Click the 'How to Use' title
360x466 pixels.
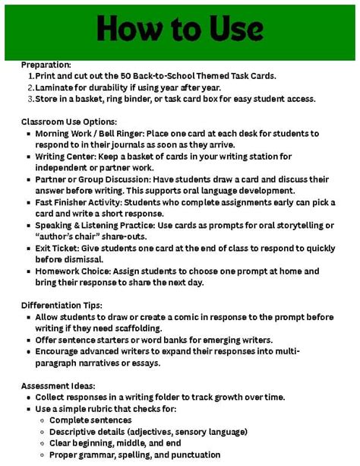click(x=180, y=30)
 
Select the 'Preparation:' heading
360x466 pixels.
click(x=46, y=65)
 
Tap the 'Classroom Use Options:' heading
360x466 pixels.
click(x=68, y=122)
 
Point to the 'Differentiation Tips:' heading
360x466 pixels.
click(x=62, y=305)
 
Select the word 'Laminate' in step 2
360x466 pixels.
click(x=55, y=87)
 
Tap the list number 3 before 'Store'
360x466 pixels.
click(x=30, y=99)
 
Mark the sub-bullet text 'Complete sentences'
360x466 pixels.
click(x=90, y=420)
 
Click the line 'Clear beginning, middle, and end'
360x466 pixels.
click(x=115, y=442)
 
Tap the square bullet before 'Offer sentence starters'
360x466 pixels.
click(x=28, y=339)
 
